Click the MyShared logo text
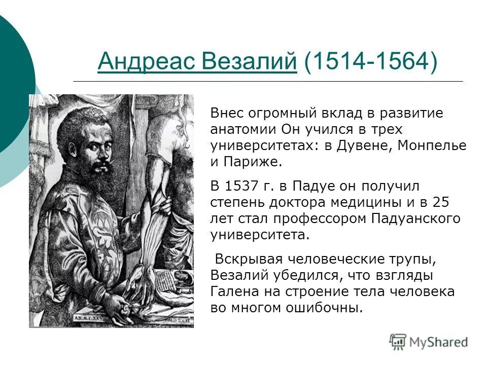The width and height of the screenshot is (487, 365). pyautogui.click(x=439, y=342)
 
